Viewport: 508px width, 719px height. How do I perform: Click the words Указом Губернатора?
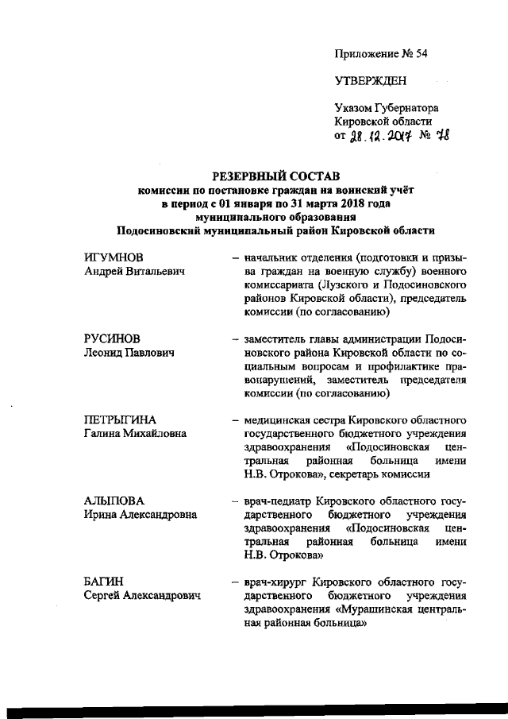(387, 107)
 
